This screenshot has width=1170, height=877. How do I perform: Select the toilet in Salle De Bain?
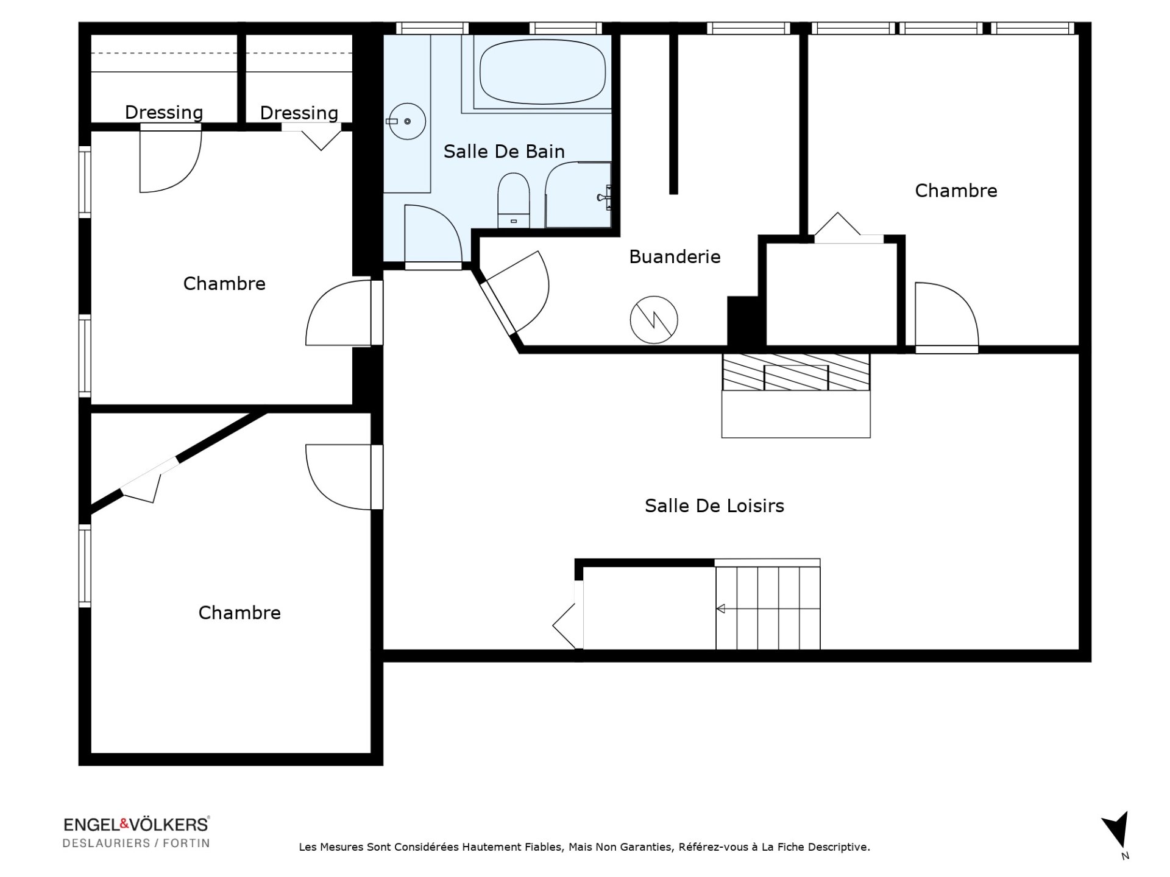tap(514, 200)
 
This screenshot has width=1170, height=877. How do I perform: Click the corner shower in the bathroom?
tap(578, 195)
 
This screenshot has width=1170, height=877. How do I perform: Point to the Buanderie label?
tap(675, 256)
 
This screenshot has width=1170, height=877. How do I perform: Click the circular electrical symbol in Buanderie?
tap(654, 320)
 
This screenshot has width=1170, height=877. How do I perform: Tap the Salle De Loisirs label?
tap(714, 505)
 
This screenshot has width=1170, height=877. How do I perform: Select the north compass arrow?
tap(1116, 830)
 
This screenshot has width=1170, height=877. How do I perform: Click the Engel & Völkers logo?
tap(136, 825)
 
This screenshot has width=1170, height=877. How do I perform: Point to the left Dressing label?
tap(164, 112)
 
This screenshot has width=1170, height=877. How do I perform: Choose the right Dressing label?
tap(299, 113)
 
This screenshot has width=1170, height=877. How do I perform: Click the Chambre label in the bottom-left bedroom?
tap(239, 613)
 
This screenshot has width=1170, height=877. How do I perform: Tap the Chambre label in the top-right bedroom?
tap(956, 191)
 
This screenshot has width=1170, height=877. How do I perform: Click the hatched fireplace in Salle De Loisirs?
tap(796, 372)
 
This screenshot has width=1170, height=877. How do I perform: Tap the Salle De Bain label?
tap(504, 151)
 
